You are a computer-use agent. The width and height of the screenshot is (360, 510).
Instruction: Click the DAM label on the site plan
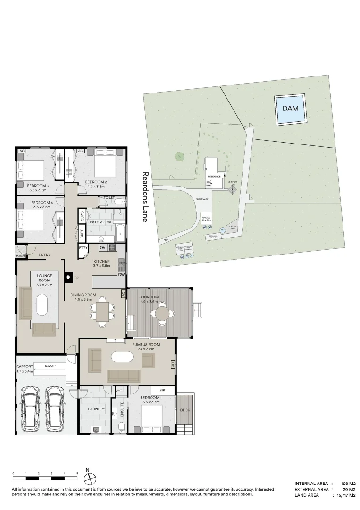tap(291, 108)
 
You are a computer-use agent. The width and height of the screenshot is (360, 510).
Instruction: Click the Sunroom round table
tap(163, 313)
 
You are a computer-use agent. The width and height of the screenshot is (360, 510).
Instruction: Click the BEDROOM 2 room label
tap(96, 182)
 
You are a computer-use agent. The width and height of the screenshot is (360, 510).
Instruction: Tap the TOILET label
tap(109, 198)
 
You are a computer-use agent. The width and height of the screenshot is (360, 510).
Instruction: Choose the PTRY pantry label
tap(84, 247)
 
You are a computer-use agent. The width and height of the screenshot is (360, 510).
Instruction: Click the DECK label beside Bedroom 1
tap(185, 410)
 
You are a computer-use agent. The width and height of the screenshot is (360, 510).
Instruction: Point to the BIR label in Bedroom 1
tap(162, 391)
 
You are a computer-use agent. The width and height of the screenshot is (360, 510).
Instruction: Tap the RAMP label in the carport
tap(50, 366)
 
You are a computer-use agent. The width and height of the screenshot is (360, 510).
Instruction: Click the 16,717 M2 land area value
tap(345, 495)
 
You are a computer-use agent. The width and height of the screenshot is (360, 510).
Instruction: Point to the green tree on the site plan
tap(179, 156)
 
